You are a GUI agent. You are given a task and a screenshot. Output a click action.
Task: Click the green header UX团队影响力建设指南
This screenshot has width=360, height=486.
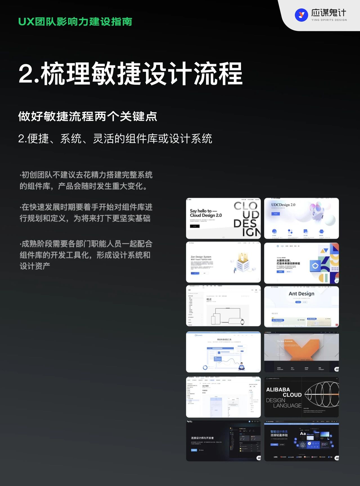(x=75, y=22)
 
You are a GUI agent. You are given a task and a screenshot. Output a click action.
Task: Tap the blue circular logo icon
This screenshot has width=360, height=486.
(x=301, y=15)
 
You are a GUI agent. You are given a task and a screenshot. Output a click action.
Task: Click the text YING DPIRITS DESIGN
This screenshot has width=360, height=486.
(x=329, y=20)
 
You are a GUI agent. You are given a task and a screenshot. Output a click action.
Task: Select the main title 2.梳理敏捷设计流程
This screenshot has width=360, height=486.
(x=130, y=74)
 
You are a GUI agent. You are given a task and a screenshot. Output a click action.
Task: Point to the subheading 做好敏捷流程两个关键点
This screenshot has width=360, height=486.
(x=87, y=117)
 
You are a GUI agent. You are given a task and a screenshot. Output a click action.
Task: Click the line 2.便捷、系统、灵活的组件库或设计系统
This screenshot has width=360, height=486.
(x=115, y=139)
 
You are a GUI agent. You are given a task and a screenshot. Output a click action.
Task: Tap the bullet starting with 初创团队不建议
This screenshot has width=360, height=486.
(x=86, y=180)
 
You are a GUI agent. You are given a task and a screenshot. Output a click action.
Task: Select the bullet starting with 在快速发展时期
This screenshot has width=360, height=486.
(x=86, y=213)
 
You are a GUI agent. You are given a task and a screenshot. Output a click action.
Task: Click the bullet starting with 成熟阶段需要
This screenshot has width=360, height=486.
(x=86, y=255)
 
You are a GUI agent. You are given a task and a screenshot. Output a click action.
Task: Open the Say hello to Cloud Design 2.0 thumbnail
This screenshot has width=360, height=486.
(x=223, y=218)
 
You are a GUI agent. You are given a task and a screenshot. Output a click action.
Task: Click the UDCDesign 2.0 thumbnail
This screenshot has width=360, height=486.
(x=301, y=218)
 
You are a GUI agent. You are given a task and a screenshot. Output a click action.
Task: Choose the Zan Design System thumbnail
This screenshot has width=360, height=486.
(x=223, y=262)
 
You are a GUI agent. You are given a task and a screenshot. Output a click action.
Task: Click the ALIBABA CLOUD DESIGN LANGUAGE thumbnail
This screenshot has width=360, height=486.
(x=301, y=397)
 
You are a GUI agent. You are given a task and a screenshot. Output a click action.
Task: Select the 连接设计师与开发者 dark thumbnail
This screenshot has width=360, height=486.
(x=223, y=441)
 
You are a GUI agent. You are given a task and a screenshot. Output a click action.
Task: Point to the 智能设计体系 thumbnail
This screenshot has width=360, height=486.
(x=301, y=441)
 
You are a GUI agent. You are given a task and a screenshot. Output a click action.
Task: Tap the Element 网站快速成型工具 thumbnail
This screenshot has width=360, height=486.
(x=223, y=352)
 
